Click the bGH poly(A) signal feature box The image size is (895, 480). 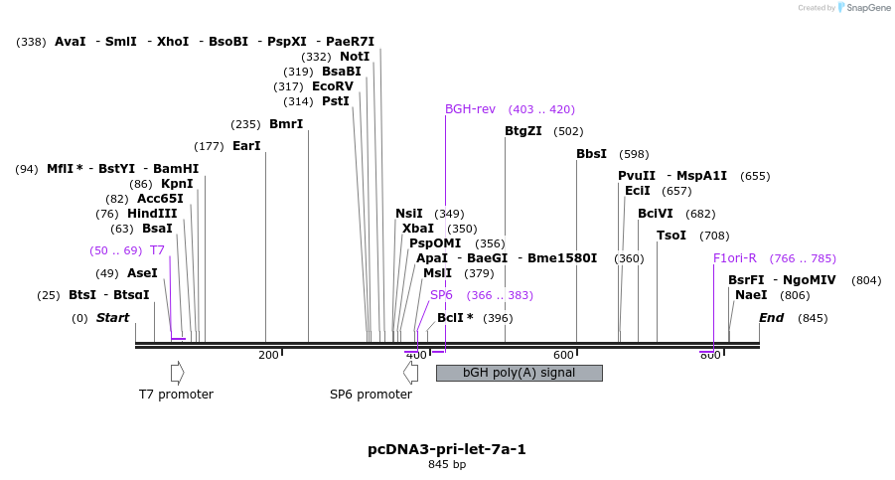tap(519, 373)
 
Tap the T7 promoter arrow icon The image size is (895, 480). tap(177, 373)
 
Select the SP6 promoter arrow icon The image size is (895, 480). tap(410, 373)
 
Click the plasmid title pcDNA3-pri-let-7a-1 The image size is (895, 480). tap(447, 449)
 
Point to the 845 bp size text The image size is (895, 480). tap(447, 464)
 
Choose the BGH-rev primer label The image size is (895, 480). tap(470, 109)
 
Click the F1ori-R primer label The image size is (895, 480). tap(735, 258)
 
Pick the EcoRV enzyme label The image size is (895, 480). tap(332, 86)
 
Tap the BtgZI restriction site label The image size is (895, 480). tap(523, 131)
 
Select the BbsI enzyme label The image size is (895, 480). tap(591, 154)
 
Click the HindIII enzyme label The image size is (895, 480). tap(152, 214)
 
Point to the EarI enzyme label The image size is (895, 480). tap(246, 146)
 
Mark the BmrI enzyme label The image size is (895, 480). tap(286, 124)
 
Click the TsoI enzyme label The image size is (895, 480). tap(671, 236)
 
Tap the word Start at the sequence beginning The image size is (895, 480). tap(112, 318)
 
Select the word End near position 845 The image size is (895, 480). tap(772, 318)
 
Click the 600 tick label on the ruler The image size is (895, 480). tap(563, 355)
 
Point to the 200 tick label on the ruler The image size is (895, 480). tap(268, 355)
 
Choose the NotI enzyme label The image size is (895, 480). tap(355, 57)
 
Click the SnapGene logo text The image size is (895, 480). tap(867, 8)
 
